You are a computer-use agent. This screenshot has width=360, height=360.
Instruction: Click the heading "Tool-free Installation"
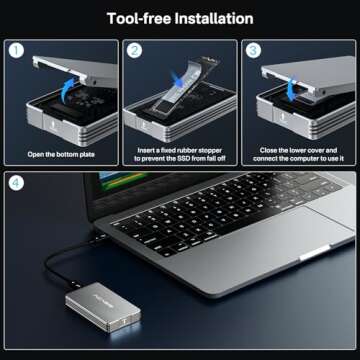point(180,18)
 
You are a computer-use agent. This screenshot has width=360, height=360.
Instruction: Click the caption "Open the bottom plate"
point(59,153)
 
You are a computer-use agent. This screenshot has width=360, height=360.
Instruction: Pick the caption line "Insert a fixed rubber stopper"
point(179,148)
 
